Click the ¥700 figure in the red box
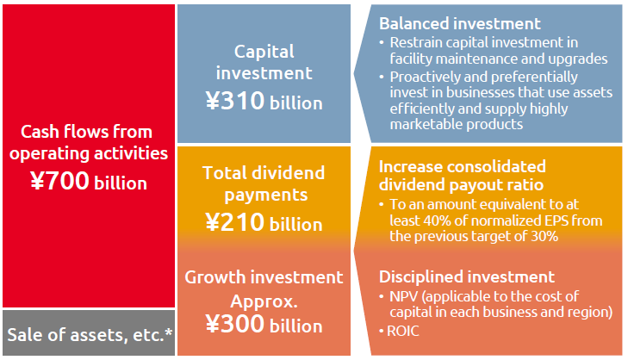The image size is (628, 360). point(59,181)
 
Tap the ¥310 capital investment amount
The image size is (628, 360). point(235,101)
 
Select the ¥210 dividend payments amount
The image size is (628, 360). point(235,222)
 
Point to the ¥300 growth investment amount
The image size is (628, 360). point(235,324)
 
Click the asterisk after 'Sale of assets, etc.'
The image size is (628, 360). point(169,332)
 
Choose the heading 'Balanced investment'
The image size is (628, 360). point(460,23)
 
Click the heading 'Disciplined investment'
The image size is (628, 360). point(467,276)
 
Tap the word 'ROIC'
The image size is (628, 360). point(403,331)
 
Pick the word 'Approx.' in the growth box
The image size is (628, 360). point(264,301)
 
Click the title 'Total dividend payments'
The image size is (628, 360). point(264,183)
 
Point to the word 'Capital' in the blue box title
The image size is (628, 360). point(264,52)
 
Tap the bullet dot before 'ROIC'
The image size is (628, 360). point(382,332)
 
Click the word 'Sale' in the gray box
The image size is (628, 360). point(25,335)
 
